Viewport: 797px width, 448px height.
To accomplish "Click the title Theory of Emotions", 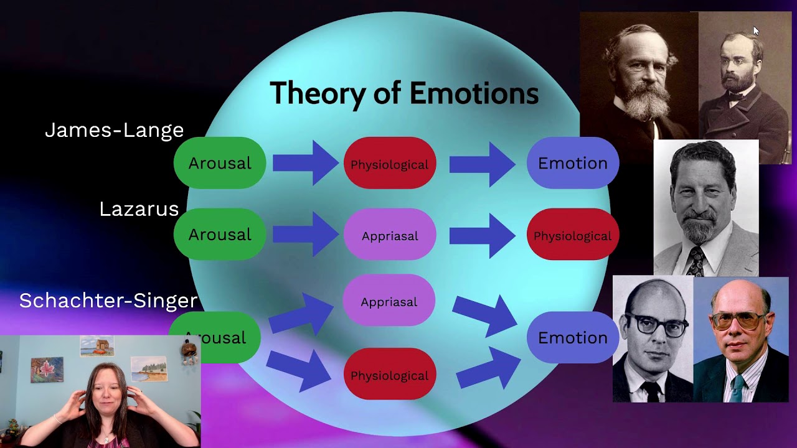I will coord(404,93).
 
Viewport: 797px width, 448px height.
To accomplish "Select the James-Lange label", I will coord(115,130).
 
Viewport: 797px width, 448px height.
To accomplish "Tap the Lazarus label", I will coord(139,209).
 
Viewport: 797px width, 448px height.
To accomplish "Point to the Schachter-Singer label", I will coord(108,301).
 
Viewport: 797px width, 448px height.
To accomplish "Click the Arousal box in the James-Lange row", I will coord(220,163).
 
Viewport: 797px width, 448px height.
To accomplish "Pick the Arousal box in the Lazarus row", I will coord(220,235).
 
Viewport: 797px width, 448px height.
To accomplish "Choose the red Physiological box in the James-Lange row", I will coord(390,164).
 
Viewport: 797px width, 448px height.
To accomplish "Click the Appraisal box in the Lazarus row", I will coord(390,236).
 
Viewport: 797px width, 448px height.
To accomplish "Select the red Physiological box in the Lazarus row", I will coord(572,236).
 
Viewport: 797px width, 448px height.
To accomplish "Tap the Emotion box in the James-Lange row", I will coord(572,163).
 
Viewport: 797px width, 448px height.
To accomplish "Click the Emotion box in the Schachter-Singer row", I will coord(572,338).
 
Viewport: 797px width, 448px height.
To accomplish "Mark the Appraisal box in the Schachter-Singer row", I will coord(389,302).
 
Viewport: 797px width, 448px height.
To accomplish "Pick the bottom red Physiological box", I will coord(390,375).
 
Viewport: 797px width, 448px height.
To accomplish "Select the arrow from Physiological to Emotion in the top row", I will coord(482,164).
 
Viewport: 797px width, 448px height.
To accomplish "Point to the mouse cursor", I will coord(756,31).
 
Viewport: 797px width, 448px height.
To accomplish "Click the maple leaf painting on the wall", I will coord(47,370).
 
